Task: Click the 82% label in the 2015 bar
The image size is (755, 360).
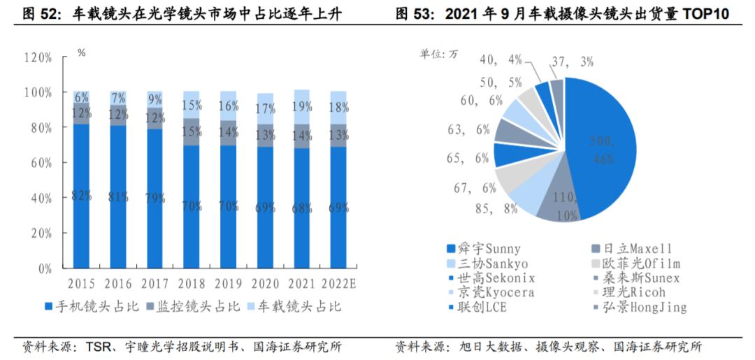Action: [82, 196]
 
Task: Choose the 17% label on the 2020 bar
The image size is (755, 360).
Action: [265, 109]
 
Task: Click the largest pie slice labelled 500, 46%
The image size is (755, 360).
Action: [601, 147]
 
